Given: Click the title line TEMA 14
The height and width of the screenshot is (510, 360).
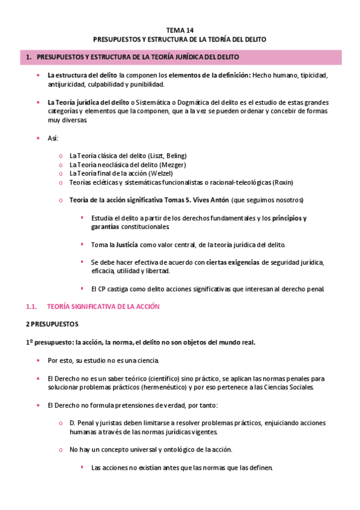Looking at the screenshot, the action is tap(180, 29).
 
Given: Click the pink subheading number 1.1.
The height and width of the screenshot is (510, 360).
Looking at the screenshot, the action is tap(32, 306).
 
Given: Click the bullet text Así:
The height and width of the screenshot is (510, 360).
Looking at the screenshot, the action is tap(53, 138).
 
